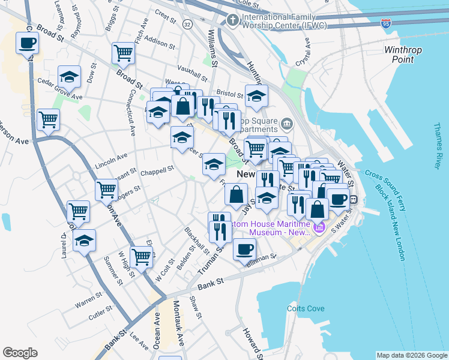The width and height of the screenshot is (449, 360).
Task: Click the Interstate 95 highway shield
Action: (385, 23)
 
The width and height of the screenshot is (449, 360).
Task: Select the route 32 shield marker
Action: (188, 24)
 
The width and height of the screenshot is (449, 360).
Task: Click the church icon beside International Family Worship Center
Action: (232, 21)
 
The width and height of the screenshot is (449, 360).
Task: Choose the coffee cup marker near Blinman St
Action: (244, 248)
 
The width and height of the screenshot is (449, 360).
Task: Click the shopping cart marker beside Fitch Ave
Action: (123, 52)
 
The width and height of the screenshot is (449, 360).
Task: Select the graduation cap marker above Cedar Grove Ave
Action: (69, 77)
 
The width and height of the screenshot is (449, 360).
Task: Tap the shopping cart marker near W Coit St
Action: (141, 256)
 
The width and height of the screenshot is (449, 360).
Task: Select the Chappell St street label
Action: (157, 171)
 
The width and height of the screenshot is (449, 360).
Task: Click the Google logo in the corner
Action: (20, 352)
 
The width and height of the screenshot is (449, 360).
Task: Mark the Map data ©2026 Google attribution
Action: (411, 355)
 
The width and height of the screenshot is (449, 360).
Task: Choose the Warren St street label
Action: (88, 296)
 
